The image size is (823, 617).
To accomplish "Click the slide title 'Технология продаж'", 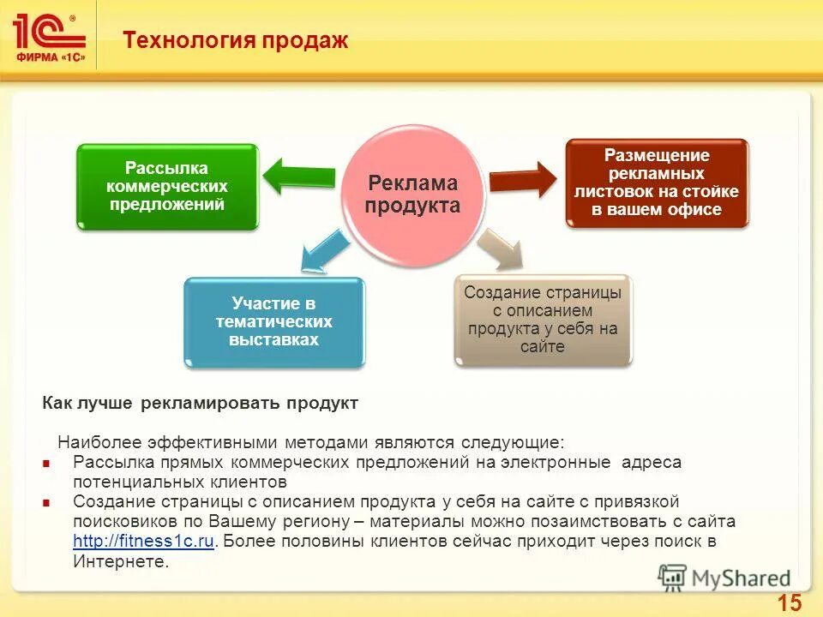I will tap(236, 40).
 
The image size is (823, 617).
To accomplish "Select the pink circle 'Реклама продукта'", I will tap(414, 195).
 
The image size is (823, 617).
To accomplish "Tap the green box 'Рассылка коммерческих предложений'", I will tap(167, 186).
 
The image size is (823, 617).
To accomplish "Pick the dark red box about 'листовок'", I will tap(657, 183).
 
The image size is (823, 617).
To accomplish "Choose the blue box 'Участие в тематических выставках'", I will tap(274, 321).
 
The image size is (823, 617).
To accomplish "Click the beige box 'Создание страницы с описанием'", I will tap(542, 320).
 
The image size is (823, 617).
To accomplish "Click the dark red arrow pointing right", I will tap(524, 179).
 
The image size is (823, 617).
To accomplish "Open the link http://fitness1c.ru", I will tap(143, 542).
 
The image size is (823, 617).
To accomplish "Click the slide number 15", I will tap(790, 603).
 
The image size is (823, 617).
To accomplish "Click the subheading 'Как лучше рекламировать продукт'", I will tap(200, 402).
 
